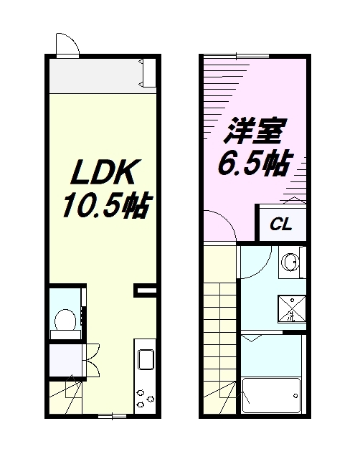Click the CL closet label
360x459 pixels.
click(280, 224)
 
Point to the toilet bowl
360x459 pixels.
click(65, 319)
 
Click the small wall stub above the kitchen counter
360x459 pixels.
click(146, 290)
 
